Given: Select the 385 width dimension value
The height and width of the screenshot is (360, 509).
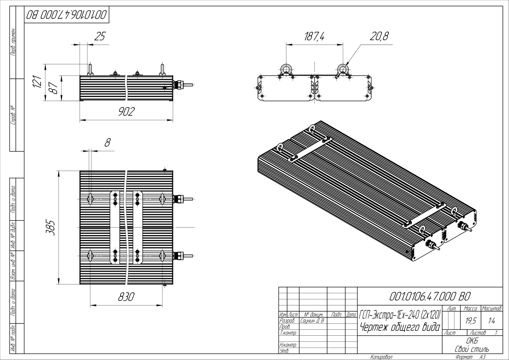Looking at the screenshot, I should [51, 228].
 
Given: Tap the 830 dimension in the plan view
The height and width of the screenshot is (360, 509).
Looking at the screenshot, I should [126, 297].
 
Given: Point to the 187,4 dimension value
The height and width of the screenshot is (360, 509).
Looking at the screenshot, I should [314, 37].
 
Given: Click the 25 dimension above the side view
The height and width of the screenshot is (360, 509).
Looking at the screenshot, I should [99, 37].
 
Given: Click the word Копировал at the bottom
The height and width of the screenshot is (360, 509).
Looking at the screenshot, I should [381, 357].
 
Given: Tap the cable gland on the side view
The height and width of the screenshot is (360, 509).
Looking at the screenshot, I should [178, 85].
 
